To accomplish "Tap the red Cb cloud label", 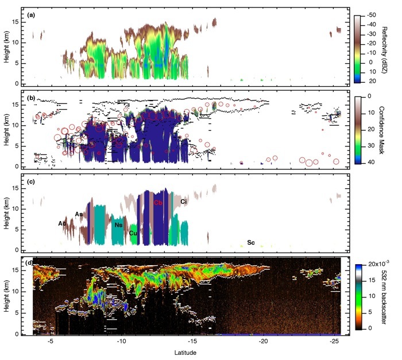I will point(159,203).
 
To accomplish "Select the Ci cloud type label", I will point(184,202).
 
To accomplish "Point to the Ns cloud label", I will point(118,225).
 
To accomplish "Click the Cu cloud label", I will point(133,233).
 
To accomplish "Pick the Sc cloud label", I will point(250,243).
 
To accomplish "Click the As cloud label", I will point(79,214).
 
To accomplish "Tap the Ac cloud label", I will point(62,223).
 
